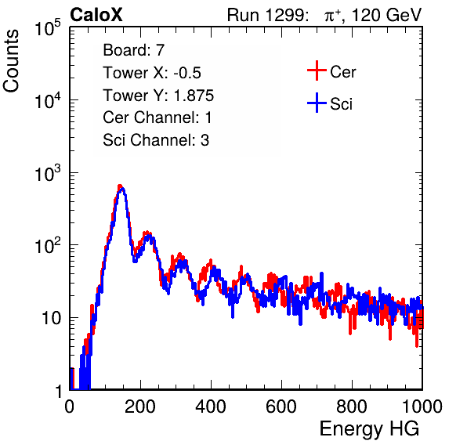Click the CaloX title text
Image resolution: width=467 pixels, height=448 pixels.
coord(96,14)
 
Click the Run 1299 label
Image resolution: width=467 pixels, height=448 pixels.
coord(267,15)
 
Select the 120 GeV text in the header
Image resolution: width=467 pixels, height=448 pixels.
coord(387,15)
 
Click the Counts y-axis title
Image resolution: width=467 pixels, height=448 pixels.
coord(11,60)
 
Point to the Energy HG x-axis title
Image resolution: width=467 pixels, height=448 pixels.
coord(369,429)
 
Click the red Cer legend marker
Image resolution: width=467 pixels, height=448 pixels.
coord(317,70)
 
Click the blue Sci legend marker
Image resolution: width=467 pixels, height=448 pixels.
coord(317,103)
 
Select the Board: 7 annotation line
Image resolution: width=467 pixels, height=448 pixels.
coord(134,50)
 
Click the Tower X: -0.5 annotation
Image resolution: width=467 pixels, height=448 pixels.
coord(152,73)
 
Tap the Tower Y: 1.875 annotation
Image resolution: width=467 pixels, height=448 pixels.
coord(158,96)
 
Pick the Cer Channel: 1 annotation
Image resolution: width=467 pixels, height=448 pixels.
coord(157,117)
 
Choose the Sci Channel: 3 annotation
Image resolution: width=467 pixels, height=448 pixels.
coord(156,140)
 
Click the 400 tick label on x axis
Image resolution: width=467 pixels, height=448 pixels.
coord(211,406)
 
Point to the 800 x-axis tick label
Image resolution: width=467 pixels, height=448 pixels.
coord(352,406)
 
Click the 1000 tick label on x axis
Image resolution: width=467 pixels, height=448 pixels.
coord(422,406)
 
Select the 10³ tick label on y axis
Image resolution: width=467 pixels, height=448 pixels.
coord(48,174)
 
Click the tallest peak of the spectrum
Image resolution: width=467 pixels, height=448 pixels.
coord(120,186)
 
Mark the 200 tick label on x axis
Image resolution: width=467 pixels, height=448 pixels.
coord(140,406)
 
